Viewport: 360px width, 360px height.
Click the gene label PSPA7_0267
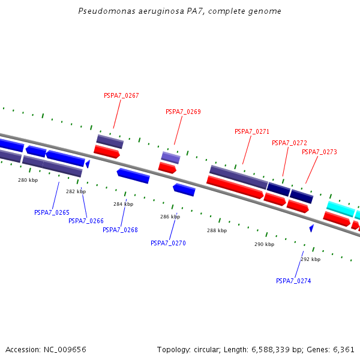coord(121,95)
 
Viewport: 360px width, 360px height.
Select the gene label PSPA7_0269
coord(183,112)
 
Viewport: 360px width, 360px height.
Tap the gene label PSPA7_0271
coord(252,131)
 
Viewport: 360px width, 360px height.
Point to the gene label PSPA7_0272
coord(289,143)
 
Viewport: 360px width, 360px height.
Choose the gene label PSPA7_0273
coord(319,152)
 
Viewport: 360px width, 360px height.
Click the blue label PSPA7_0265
coord(52,212)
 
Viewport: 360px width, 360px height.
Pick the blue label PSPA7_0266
coord(86,221)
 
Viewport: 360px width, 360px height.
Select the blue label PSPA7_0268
coord(120,230)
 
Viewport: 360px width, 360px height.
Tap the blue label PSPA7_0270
coord(168,243)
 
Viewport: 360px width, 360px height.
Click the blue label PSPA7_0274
coord(293,281)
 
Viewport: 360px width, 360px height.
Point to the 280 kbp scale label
coord(28,180)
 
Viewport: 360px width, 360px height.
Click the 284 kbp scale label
coord(123,205)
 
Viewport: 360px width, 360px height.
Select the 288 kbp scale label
coord(217,230)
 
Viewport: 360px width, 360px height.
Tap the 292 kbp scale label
coord(310,259)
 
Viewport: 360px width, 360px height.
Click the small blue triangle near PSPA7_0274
coord(311,228)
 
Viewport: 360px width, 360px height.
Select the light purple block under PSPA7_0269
coord(170,158)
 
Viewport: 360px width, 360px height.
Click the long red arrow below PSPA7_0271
coord(235,187)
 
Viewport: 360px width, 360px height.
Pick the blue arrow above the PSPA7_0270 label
coord(184,190)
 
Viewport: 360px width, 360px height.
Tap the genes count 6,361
coord(343,349)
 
